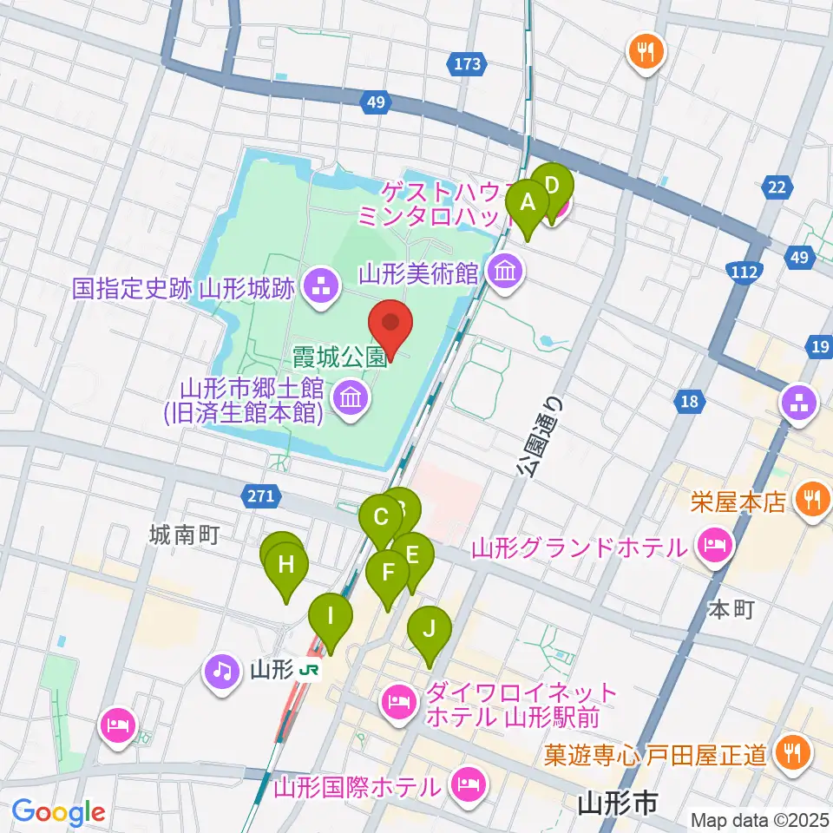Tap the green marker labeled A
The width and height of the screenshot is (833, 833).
point(528,205)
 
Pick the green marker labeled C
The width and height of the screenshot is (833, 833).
point(380,519)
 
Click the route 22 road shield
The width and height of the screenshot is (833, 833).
point(777,186)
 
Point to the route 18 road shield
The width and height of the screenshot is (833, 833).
point(689,400)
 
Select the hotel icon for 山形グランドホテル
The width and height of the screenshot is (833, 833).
point(713,547)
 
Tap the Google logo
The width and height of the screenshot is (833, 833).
point(58,812)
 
